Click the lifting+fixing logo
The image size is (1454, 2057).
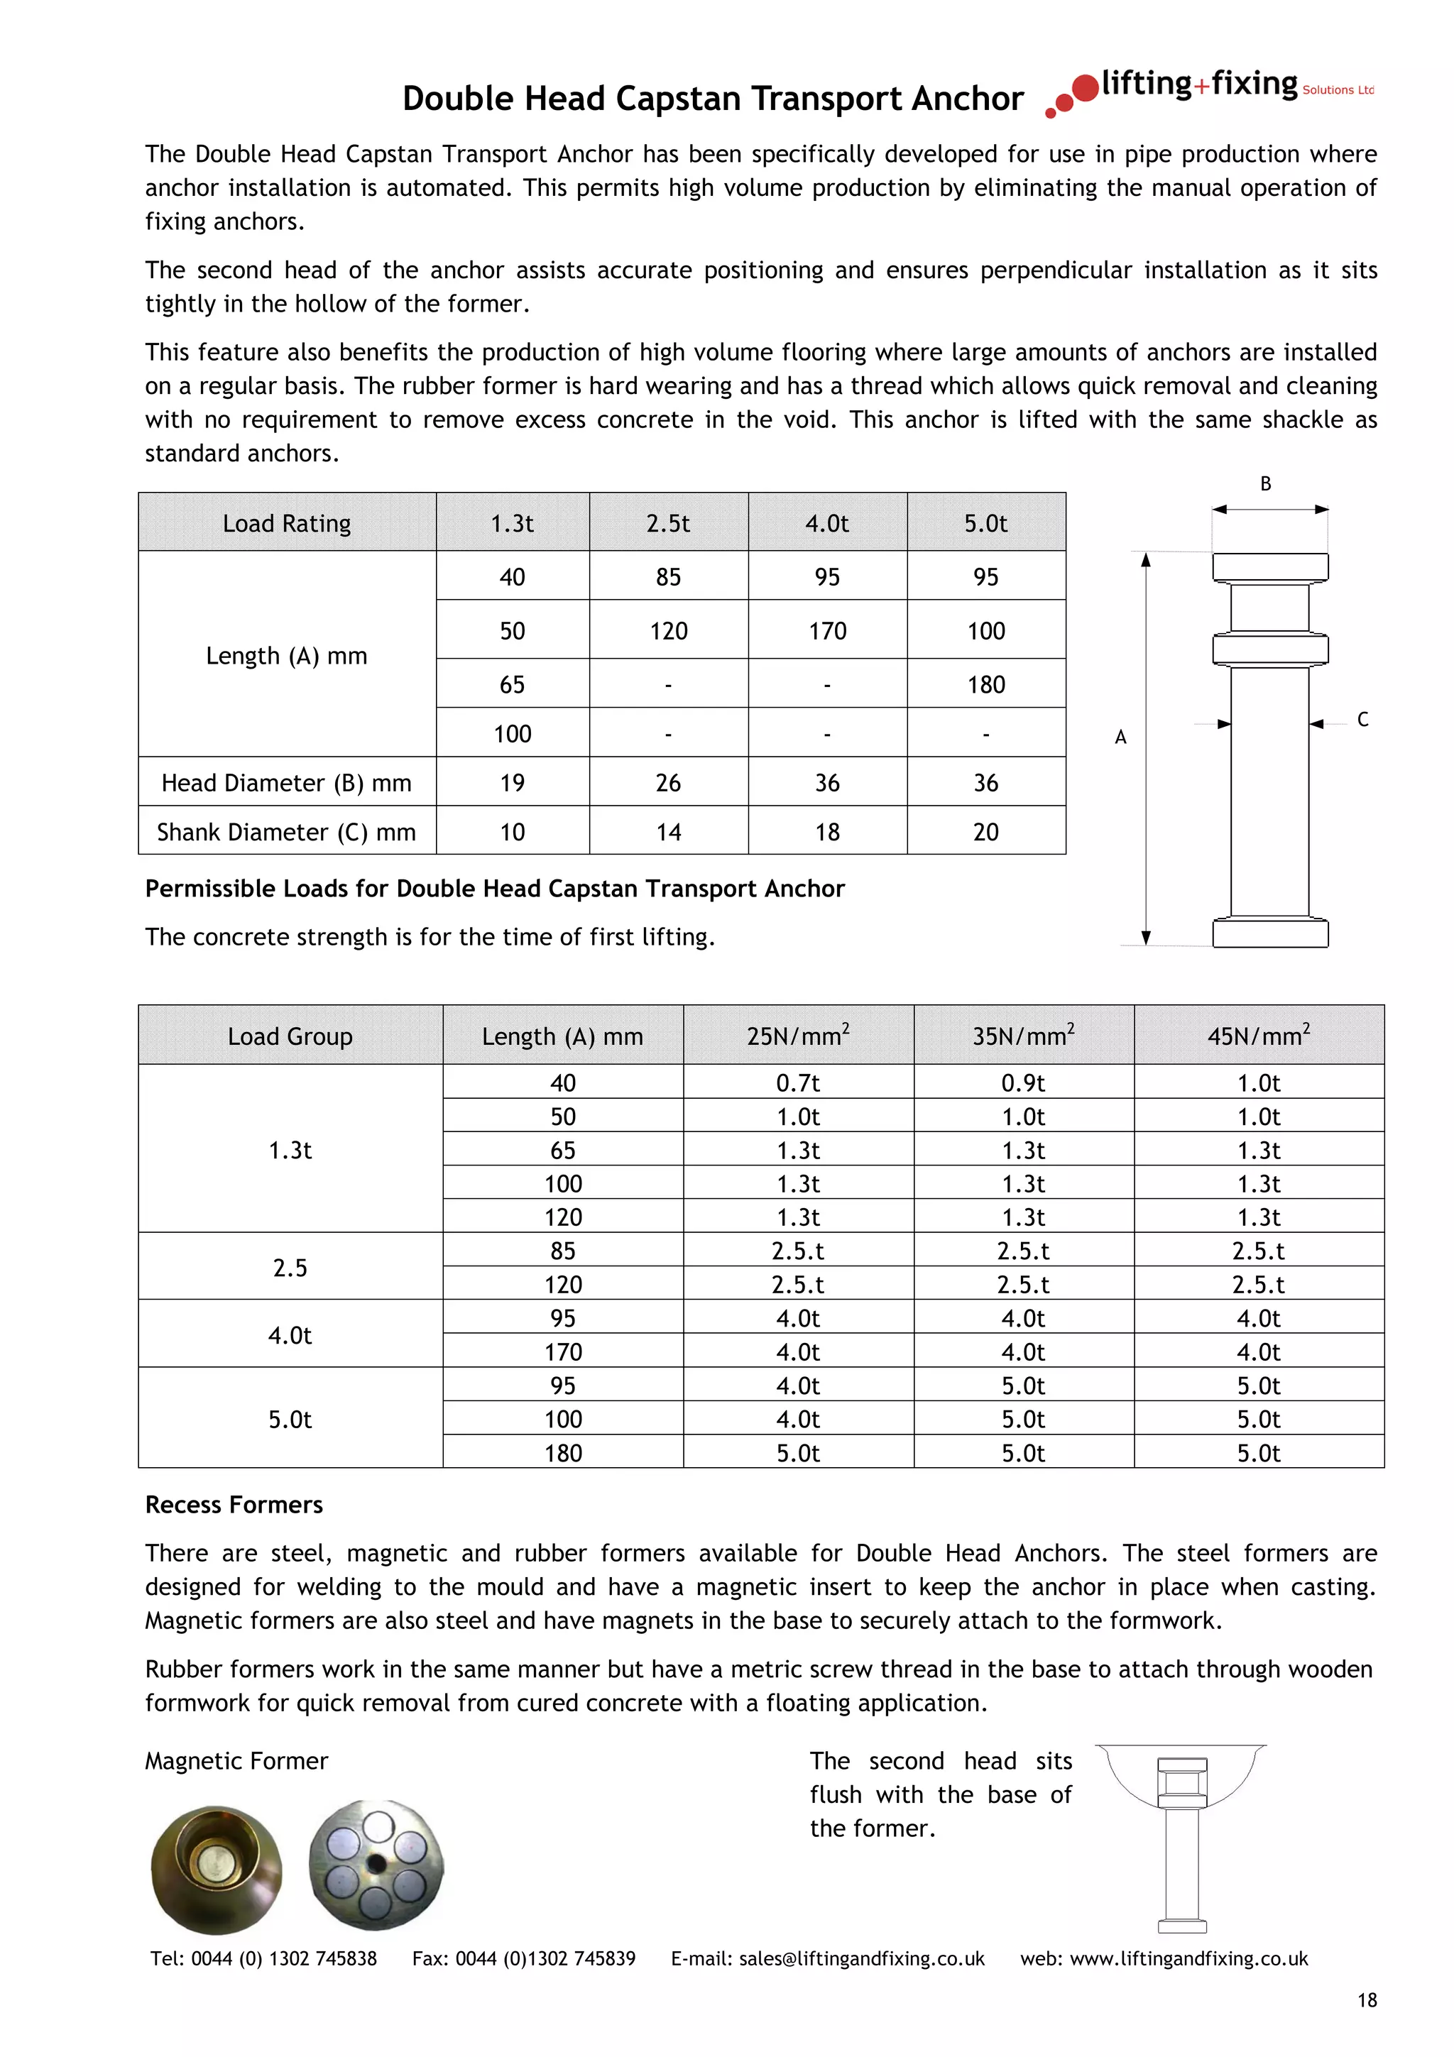1210,89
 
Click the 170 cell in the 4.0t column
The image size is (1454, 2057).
827,631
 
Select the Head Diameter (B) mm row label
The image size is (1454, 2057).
286,783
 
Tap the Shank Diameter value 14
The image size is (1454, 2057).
668,833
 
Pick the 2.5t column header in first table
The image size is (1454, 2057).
668,523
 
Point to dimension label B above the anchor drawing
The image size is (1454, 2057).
1266,484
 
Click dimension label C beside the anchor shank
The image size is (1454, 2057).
1362,720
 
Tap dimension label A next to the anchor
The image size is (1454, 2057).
1120,737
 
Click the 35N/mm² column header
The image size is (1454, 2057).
1023,1036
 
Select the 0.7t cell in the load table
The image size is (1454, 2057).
797,1083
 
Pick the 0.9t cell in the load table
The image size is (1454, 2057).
1023,1083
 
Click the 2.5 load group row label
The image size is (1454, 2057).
290,1268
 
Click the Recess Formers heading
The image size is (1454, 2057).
234,1504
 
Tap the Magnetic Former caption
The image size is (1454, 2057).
236,1760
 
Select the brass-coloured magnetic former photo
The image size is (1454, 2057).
216,1868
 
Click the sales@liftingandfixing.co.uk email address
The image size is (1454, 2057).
861,1958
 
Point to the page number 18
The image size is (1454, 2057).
1366,2000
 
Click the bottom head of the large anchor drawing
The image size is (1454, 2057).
1269,933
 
